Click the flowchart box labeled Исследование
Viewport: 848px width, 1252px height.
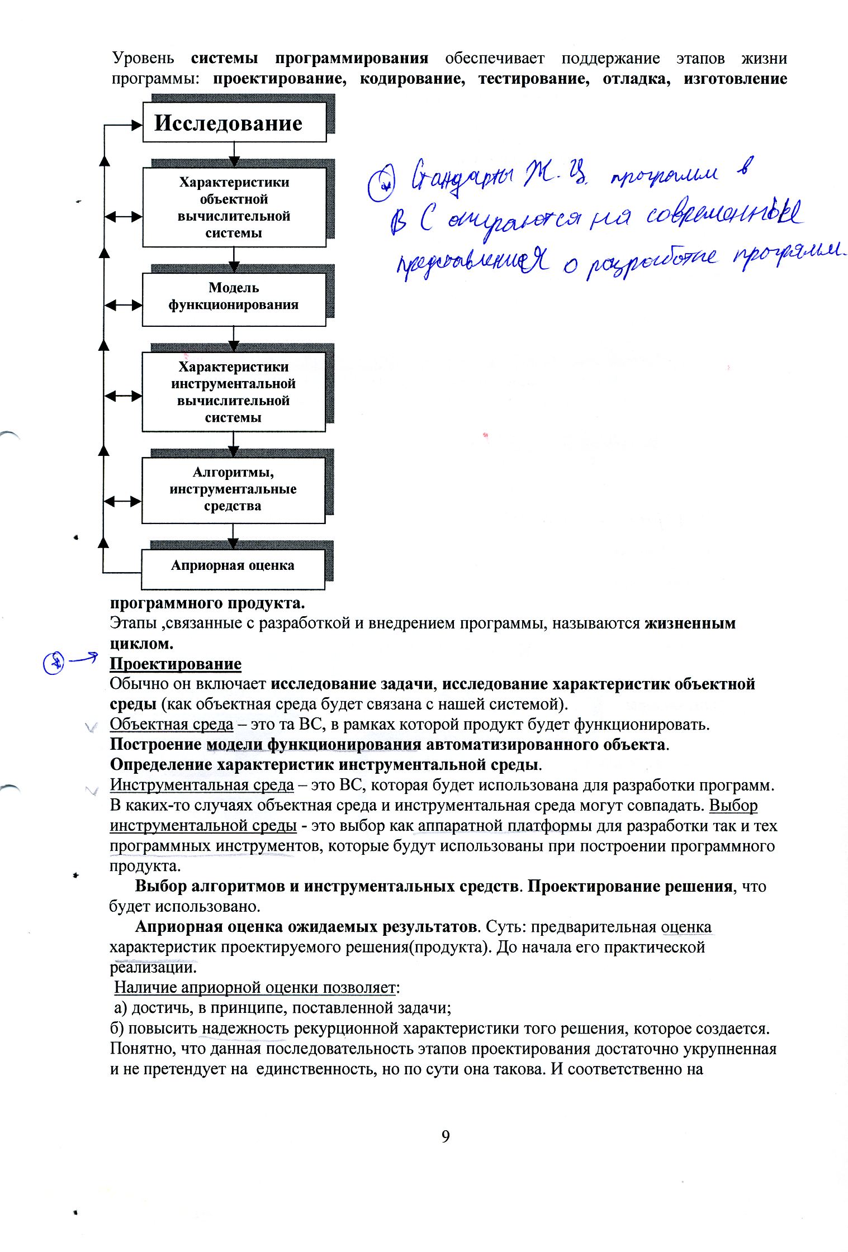point(234,122)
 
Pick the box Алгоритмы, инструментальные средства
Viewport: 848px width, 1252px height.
point(233,490)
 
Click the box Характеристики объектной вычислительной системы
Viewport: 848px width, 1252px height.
point(234,207)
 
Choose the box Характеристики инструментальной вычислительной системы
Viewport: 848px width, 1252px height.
point(234,392)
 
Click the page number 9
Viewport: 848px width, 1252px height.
point(446,1136)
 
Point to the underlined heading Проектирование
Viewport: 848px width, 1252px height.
point(176,664)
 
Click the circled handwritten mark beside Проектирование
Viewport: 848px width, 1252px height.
point(54,664)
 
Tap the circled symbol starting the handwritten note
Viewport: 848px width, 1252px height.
point(381,185)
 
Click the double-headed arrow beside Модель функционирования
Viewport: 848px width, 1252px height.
point(123,305)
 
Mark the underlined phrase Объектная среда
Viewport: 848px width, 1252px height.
point(171,725)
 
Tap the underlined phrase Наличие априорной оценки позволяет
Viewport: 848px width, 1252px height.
point(254,988)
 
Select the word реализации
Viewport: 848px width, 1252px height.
point(153,967)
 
